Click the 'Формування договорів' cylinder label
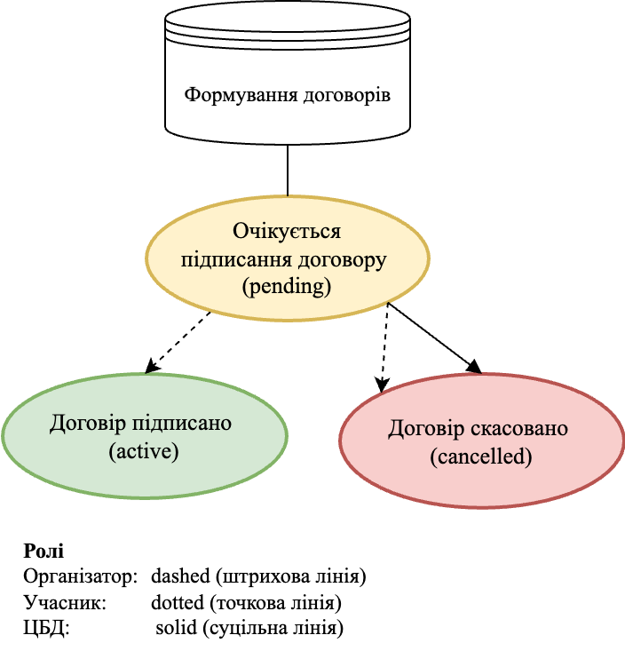(287, 94)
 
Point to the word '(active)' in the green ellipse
(144, 451)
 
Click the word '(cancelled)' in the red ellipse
(480, 457)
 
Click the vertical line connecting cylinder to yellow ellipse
(288, 170)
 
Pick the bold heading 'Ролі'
(44, 551)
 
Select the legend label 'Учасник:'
(65, 603)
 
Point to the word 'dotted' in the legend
(178, 603)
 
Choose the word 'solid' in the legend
(174, 629)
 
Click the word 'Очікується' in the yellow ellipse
(287, 232)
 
